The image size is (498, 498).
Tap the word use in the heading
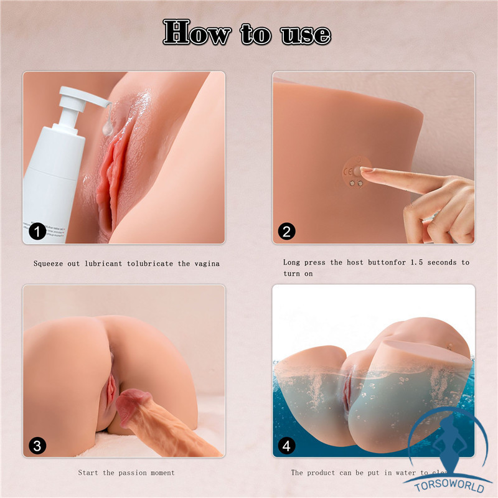[x=305, y=32]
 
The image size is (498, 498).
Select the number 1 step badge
[x=38, y=232]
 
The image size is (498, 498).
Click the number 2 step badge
[x=286, y=232]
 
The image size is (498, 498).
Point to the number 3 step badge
[x=38, y=446]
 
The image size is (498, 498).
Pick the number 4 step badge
[x=286, y=446]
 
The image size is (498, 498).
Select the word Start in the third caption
[x=89, y=472]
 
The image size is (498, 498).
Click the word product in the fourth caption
[x=326, y=472]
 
